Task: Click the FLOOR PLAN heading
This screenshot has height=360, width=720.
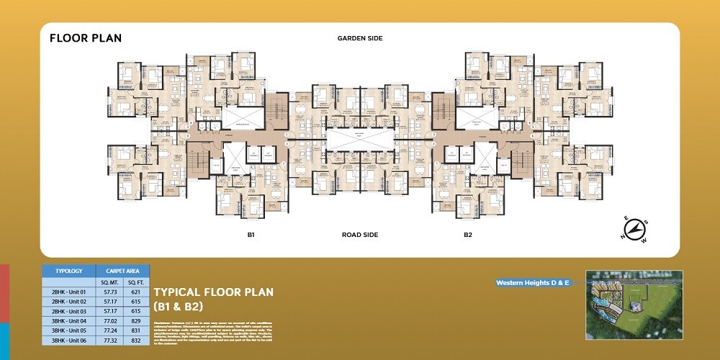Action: pos(86,38)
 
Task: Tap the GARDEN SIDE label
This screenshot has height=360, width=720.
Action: pos(359,38)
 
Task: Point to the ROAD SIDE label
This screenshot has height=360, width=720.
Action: pos(359,235)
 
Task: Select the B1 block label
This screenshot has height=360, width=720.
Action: pos(251,235)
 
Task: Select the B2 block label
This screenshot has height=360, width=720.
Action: pos(467,235)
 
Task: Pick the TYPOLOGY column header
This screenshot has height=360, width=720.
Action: pos(69,271)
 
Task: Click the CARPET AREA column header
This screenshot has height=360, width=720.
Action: pos(123,271)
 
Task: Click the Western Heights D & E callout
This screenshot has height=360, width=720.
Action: pos(533,283)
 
